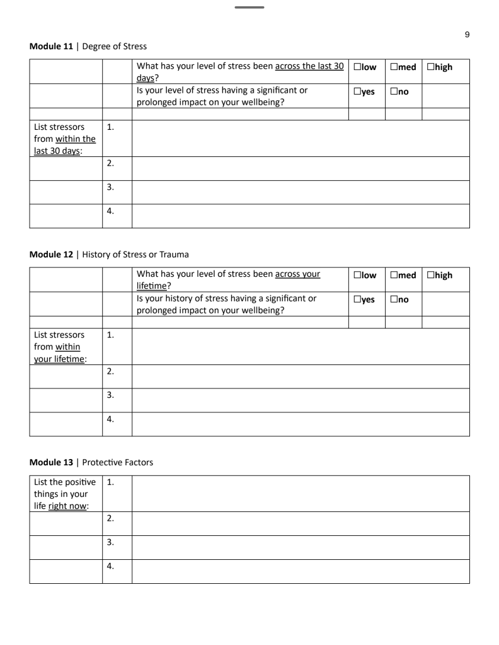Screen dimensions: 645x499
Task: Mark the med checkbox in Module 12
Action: (394, 276)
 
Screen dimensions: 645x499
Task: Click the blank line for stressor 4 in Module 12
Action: (301, 424)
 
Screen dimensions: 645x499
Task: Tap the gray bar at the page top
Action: (249, 8)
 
